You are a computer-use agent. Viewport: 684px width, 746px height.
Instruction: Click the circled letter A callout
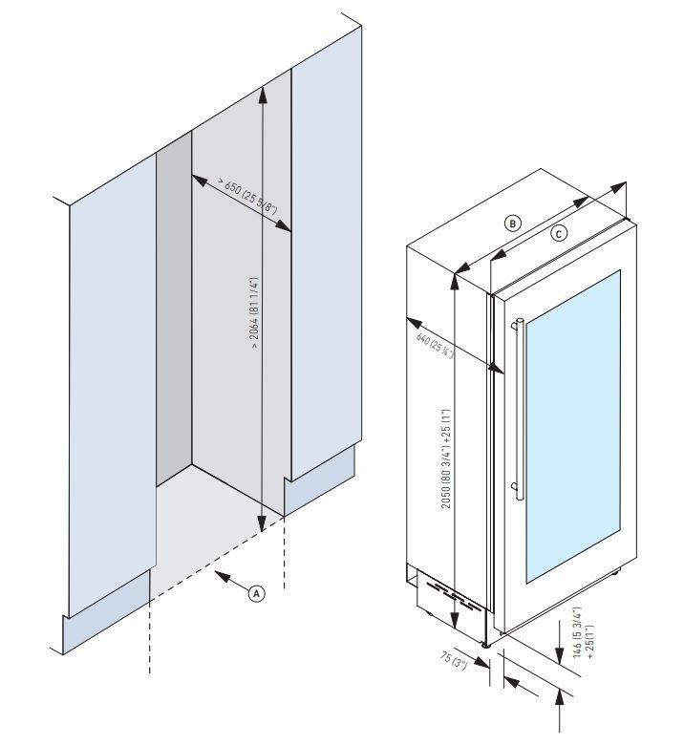coord(256,592)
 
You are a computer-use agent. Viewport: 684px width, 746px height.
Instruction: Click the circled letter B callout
coord(513,223)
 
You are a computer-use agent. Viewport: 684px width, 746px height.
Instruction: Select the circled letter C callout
coord(559,232)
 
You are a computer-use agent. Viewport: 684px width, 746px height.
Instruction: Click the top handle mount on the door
coord(517,323)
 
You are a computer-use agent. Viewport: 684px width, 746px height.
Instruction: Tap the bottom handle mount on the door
coord(517,489)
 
